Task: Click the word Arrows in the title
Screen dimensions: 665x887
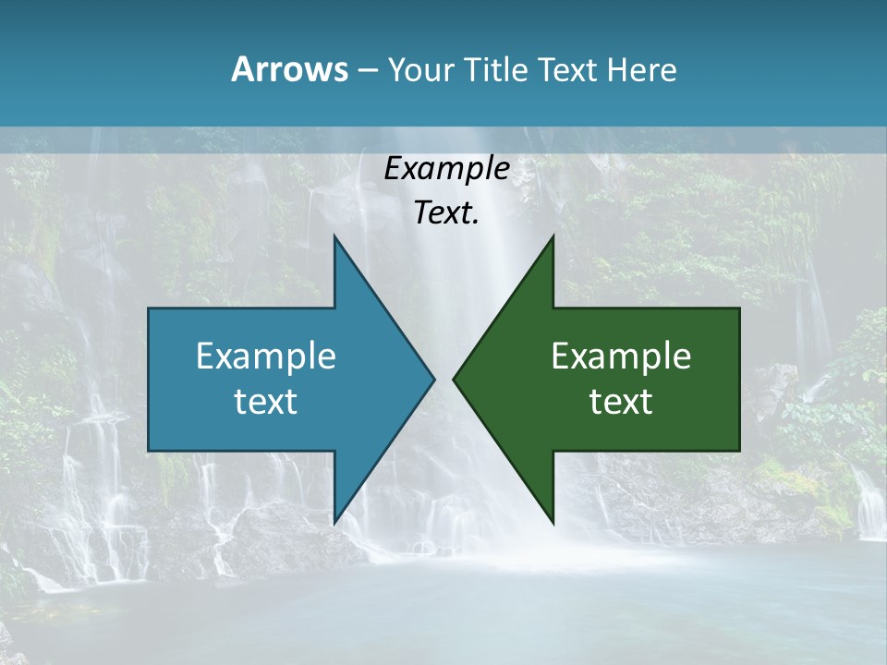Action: click(289, 69)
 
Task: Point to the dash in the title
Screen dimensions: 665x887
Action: click(367, 70)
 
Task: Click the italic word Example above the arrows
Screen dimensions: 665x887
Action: click(446, 169)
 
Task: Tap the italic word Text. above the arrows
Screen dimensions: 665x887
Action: click(446, 213)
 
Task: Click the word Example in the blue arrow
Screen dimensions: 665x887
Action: click(266, 356)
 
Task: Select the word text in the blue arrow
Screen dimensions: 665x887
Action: click(266, 401)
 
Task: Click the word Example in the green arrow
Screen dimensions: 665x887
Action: click(621, 356)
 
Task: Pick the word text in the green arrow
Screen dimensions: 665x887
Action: click(621, 401)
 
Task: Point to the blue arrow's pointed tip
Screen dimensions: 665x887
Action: click(432, 379)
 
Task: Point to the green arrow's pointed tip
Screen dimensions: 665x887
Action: click(455, 379)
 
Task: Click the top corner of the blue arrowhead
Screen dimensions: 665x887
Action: click(334, 238)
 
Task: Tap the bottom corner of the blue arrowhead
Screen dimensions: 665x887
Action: click(334, 521)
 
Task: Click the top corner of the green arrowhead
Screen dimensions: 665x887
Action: click(553, 238)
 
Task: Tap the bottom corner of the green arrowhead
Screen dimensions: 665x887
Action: click(553, 521)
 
